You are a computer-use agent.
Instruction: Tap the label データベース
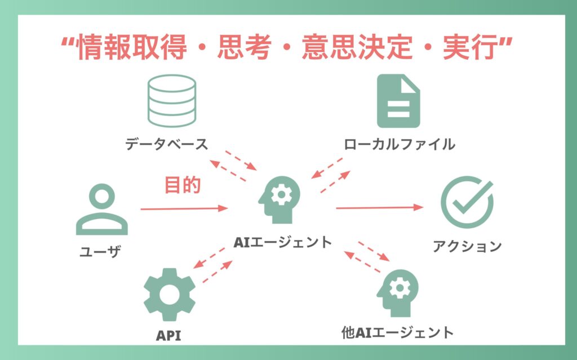pyautogui.click(x=167, y=144)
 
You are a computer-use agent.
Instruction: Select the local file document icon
pyautogui.click(x=398, y=102)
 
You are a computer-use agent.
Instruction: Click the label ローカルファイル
pyautogui.click(x=400, y=144)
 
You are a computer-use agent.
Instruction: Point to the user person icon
pyautogui.click(x=101, y=211)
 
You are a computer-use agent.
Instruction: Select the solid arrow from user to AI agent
pyautogui.click(x=183, y=209)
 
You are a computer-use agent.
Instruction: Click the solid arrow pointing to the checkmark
pyautogui.click(x=379, y=208)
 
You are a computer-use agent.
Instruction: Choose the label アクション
pyautogui.click(x=467, y=246)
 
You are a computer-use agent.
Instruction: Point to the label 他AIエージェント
pyautogui.click(x=397, y=332)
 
